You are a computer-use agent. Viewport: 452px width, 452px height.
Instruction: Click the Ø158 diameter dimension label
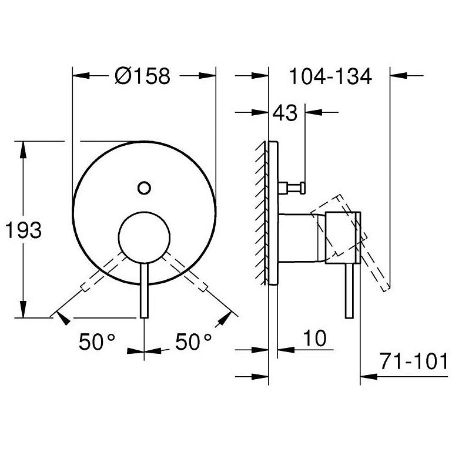[142, 76]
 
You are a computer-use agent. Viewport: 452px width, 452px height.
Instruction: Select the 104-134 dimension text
[330, 76]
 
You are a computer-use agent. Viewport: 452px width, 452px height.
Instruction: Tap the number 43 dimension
[285, 113]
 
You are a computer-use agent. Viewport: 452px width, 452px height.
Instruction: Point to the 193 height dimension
[24, 230]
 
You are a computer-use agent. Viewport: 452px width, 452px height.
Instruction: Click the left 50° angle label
[97, 341]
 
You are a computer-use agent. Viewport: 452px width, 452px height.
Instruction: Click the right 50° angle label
[193, 341]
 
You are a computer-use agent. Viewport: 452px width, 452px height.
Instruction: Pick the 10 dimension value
[315, 338]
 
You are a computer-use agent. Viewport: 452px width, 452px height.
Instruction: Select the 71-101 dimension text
[414, 361]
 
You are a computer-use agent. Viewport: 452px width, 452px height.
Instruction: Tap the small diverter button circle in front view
[144, 188]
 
